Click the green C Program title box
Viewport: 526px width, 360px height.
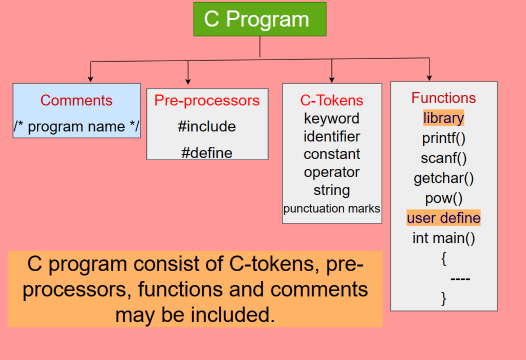click(259, 20)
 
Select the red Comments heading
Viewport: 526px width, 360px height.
click(77, 100)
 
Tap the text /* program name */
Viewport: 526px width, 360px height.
click(77, 126)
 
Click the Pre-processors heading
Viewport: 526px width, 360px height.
click(207, 100)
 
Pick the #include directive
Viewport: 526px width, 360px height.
click(207, 126)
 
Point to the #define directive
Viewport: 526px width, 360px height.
click(207, 153)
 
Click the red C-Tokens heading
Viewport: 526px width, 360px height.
click(332, 100)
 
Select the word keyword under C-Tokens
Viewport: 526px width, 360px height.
click(332, 118)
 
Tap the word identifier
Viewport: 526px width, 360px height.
click(332, 136)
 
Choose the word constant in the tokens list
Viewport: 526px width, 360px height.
click(332, 154)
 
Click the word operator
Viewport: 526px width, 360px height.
click(332, 172)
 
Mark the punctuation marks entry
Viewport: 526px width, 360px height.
click(332, 209)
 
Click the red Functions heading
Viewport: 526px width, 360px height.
click(444, 98)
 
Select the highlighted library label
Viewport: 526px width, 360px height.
click(444, 118)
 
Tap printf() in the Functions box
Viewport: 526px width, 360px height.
click(444, 138)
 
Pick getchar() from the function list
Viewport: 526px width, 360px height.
click(444, 178)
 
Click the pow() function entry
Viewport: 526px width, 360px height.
click(444, 198)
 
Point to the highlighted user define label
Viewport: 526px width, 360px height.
click(444, 218)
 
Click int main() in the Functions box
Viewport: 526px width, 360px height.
click(444, 238)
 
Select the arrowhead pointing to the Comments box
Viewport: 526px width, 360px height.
click(90, 79)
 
